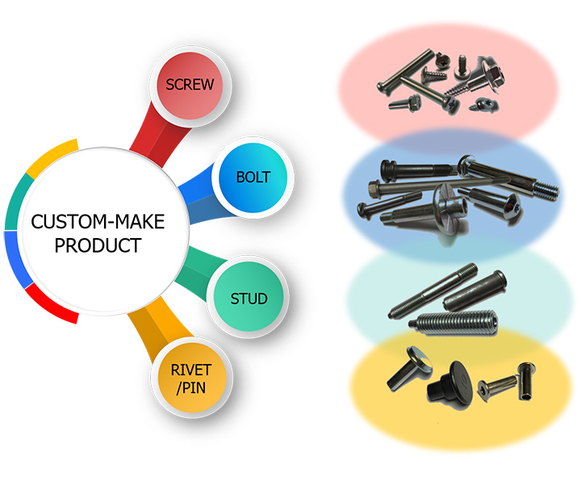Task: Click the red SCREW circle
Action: (x=191, y=84)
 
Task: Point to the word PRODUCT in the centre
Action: (x=97, y=245)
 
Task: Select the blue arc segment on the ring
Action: (x=14, y=260)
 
